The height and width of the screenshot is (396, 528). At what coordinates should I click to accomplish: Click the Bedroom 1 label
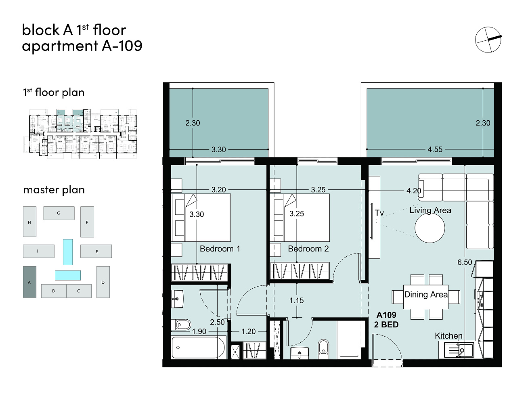click(220, 249)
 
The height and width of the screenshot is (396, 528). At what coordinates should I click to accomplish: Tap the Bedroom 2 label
click(308, 249)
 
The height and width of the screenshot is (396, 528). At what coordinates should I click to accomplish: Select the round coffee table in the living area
click(430, 228)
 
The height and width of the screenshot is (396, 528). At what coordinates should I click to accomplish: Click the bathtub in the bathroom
click(199, 347)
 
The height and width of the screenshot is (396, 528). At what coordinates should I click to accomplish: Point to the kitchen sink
click(456, 351)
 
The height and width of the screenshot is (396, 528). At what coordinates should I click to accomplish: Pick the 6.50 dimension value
click(465, 262)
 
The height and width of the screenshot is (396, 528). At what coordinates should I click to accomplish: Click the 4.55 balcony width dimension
click(435, 149)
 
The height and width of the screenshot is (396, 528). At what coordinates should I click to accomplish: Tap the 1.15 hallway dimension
click(296, 300)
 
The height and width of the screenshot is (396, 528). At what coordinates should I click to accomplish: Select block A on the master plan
click(29, 282)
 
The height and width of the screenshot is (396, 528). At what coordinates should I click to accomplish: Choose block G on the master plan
click(59, 213)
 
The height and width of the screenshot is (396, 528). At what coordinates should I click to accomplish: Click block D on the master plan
click(103, 282)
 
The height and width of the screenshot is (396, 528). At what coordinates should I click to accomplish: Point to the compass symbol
click(488, 40)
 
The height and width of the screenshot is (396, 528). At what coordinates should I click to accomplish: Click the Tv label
click(379, 213)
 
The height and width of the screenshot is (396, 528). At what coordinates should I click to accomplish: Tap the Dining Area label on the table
click(426, 295)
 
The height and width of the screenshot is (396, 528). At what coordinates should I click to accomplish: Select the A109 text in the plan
click(386, 315)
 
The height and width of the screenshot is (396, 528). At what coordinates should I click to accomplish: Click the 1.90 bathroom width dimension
click(199, 331)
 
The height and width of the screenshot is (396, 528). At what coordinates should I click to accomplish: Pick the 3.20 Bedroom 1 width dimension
click(218, 190)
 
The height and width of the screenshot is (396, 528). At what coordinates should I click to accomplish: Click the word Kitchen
click(448, 335)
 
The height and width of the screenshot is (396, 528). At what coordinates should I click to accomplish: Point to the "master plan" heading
click(54, 190)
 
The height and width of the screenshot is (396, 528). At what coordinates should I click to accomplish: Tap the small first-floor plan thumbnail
click(80, 134)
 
